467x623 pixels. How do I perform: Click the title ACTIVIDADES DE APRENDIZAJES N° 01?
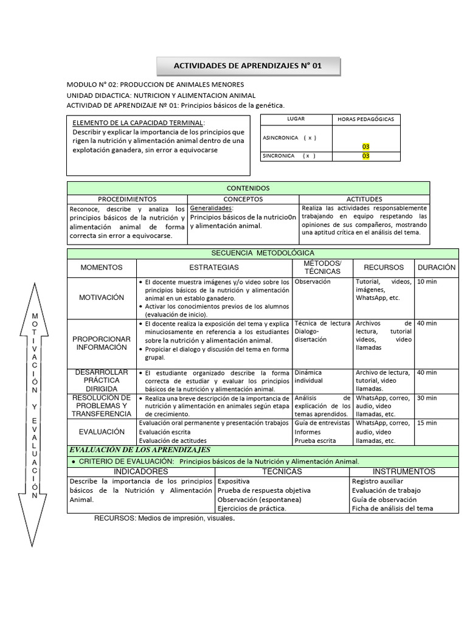tap(248, 66)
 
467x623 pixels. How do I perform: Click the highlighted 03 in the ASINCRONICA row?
tap(366, 147)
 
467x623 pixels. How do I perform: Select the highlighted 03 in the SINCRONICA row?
tap(366, 156)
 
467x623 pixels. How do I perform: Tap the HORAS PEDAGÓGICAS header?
tap(366, 119)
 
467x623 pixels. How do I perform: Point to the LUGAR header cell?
tap(296, 119)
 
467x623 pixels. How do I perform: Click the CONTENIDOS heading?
tap(248, 189)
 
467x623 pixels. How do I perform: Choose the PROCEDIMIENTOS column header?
tap(127, 199)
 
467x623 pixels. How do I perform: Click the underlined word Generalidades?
tap(211, 208)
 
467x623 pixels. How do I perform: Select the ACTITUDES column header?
tap(364, 199)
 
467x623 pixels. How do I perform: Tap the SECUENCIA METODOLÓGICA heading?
tap(254, 252)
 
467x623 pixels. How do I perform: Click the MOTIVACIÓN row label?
tap(102, 298)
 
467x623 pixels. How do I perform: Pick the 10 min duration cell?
tap(427, 282)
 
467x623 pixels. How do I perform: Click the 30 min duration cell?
tap(427, 398)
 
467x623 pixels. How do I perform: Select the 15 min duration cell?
tap(427, 423)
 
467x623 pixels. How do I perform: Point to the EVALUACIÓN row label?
tap(102, 431)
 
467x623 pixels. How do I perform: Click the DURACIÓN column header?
tap(437, 267)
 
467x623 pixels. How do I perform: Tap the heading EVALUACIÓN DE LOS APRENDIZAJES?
tap(140, 450)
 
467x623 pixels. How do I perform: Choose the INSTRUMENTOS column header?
tap(404, 472)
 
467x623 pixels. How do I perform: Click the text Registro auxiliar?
tap(377, 481)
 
